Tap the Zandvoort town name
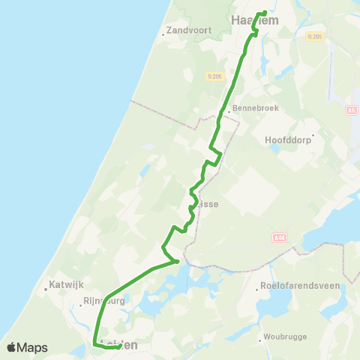(x=187, y=31)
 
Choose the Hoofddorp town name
(x=289, y=139)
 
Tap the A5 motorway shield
(x=351, y=110)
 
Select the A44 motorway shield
(x=279, y=238)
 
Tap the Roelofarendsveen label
(x=299, y=286)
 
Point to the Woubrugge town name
(x=285, y=337)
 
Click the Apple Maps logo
(x=26, y=347)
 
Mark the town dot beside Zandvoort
(x=163, y=32)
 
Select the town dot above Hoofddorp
(x=322, y=136)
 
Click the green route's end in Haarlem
(x=265, y=12)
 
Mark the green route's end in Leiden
(x=121, y=345)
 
